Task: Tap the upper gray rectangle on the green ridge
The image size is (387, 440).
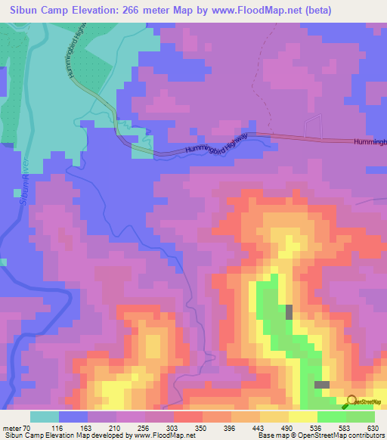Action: pos(289,311)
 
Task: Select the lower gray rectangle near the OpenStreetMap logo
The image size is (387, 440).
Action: pos(322,385)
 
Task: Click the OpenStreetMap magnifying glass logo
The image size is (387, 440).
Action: pos(351,401)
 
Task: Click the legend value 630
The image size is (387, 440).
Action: pos(372,428)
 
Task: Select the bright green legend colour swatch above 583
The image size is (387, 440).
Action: pos(332,417)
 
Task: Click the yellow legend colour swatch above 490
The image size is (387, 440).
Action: pos(274,417)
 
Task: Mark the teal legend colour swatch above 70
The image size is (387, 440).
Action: pos(45,417)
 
